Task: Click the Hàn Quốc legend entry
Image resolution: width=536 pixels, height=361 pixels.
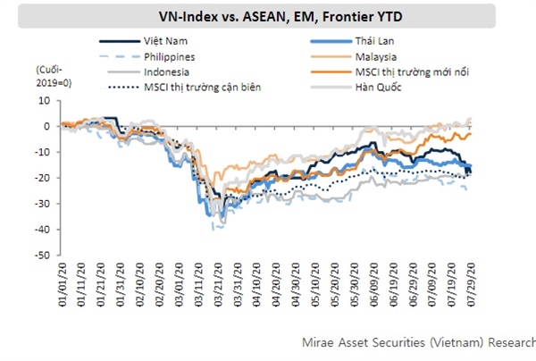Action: (x=358, y=87)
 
